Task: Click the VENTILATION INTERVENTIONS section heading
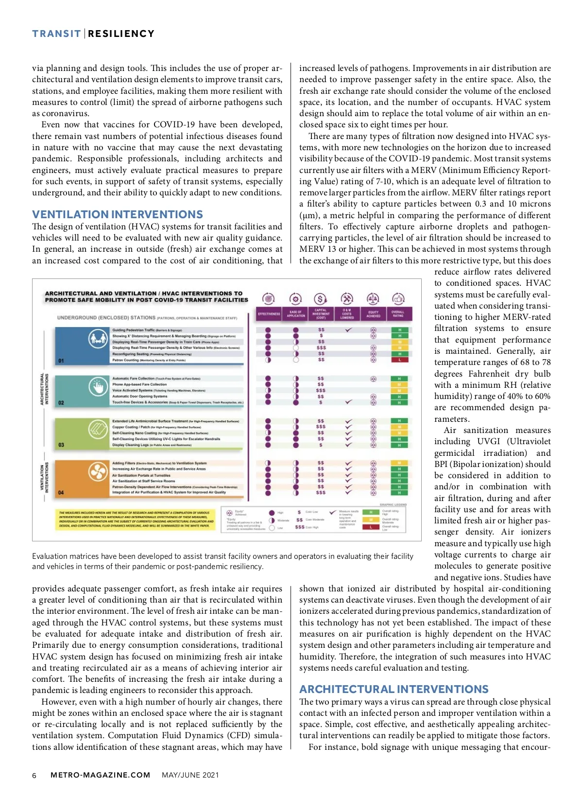point(118,214)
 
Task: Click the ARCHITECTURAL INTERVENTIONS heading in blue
point(394,689)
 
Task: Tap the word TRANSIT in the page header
point(56,34)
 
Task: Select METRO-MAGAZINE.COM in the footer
point(100,775)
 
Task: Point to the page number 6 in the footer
point(34,776)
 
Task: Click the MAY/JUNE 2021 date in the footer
point(190,775)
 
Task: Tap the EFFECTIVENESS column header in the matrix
point(269,314)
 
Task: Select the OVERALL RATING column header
point(398,314)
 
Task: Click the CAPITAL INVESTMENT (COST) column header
point(321,314)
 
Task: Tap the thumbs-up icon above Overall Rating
point(398,298)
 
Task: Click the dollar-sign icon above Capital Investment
point(320,298)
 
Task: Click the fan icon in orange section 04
point(98,471)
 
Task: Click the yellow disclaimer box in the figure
point(136,519)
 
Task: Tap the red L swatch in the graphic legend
point(371,527)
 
